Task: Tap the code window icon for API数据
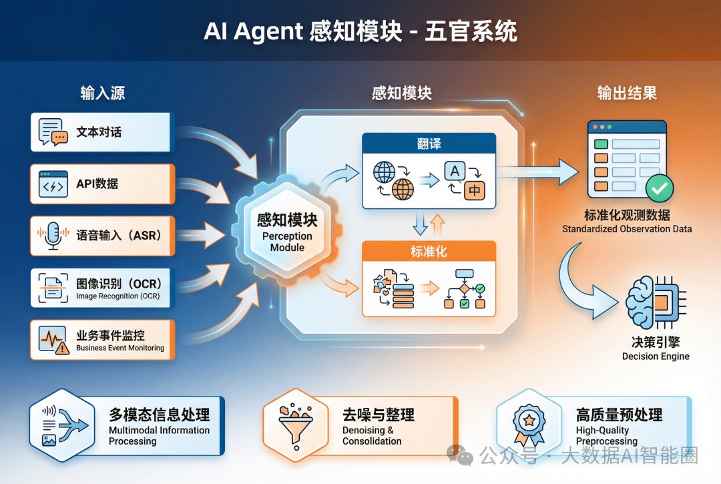click(53, 184)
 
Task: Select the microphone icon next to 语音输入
click(53, 236)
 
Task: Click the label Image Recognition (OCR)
click(117, 296)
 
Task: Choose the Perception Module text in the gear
click(287, 242)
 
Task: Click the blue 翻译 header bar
click(429, 144)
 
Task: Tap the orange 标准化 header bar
click(429, 252)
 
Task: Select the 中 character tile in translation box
click(474, 190)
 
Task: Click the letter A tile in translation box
click(455, 172)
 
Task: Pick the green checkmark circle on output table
click(659, 189)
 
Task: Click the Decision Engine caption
click(656, 356)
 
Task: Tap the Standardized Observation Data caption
click(627, 229)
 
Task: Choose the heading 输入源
click(103, 93)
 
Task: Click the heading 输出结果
click(627, 93)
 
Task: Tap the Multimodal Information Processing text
click(159, 435)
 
